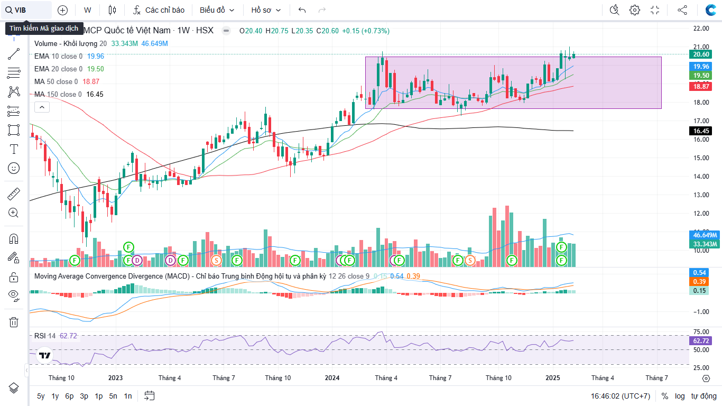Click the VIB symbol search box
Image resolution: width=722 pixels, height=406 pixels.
pos(26,10)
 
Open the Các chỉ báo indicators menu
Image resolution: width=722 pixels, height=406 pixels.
pos(159,10)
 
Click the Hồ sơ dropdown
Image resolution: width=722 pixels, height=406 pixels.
pos(266,10)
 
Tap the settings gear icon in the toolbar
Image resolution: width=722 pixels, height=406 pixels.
pos(635,10)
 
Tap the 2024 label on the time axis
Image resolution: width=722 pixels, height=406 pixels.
pos(332,378)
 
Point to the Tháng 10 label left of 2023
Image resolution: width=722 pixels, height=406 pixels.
pos(61,378)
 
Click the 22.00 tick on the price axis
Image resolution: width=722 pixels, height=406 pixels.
pos(701,29)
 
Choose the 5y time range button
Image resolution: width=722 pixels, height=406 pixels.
pos(41,396)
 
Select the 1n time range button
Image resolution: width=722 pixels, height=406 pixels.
pos(127,396)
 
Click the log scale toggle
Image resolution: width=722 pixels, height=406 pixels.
pos(679,396)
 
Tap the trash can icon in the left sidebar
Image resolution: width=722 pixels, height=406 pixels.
pos(14,322)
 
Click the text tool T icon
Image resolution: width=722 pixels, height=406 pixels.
pos(14,149)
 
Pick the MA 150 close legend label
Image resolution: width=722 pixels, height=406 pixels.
pos(58,94)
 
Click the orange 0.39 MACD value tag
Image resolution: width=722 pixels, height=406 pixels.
pos(701,282)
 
